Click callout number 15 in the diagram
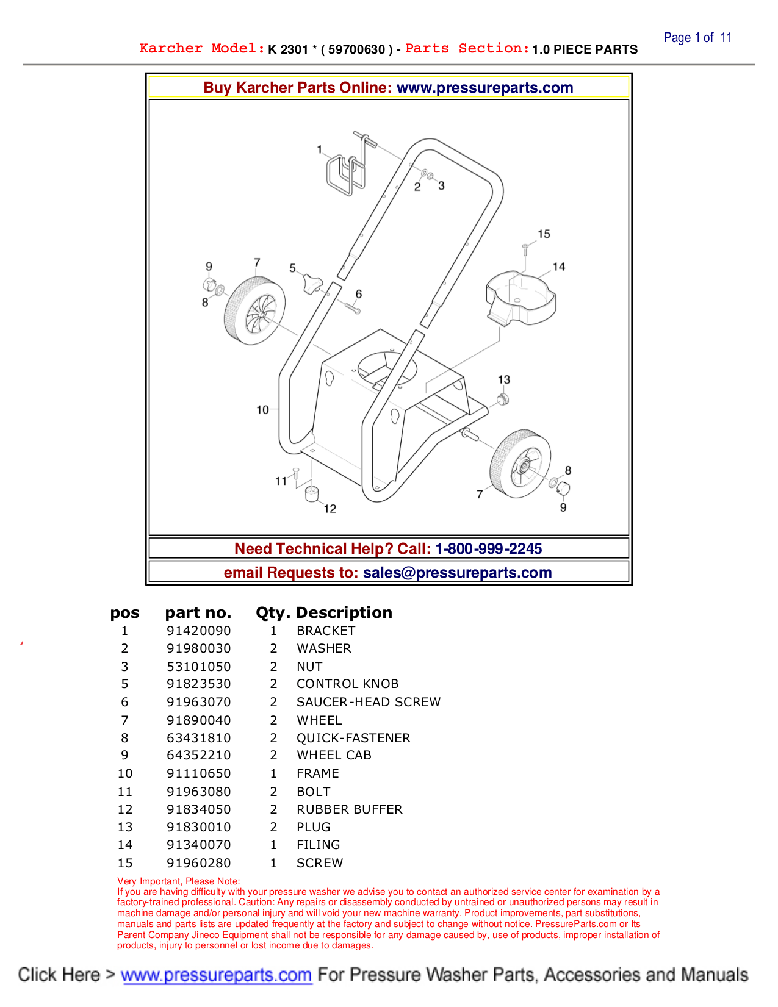[x=544, y=234]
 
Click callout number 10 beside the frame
[x=262, y=410]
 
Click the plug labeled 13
[x=503, y=400]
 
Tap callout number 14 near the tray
[x=559, y=267]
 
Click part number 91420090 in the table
[x=199, y=631]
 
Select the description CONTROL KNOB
[x=347, y=684]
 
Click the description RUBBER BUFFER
[x=349, y=809]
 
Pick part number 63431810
[x=199, y=738]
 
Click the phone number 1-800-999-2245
[x=488, y=548]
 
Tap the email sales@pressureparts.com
[x=457, y=572]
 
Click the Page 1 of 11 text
[x=697, y=38]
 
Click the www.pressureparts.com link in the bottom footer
[x=216, y=975]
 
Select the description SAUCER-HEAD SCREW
[x=368, y=702]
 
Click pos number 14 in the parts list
[x=125, y=845]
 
